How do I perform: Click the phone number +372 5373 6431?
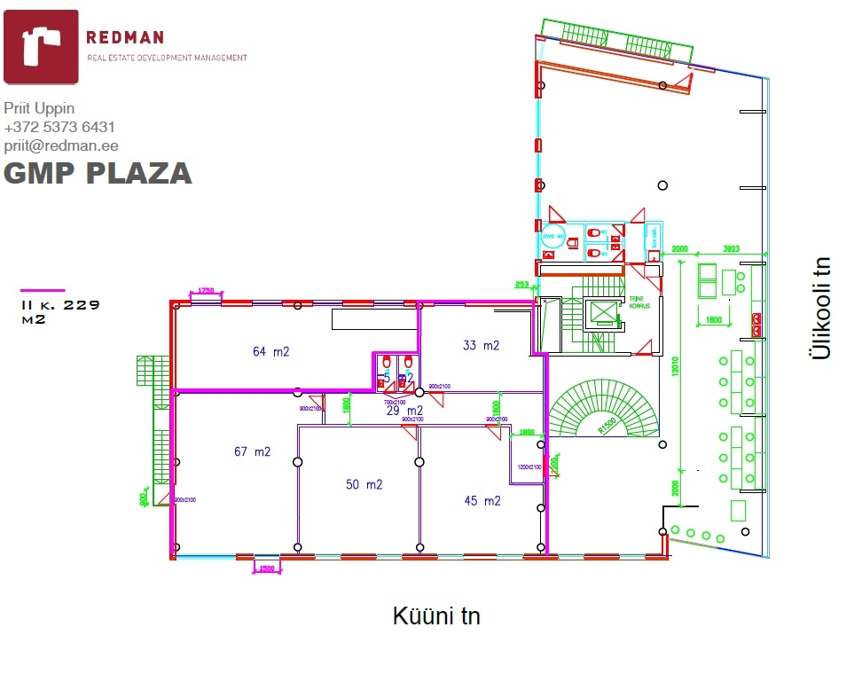pos(59,127)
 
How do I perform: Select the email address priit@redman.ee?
pos(61,145)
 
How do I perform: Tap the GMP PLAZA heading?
pos(98,173)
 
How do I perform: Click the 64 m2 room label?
pos(270,351)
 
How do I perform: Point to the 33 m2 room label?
pos(481,345)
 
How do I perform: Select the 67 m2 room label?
pos(252,451)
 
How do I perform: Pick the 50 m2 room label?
pos(364,484)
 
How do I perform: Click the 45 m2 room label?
pos(482,500)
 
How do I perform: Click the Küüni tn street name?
pos(436,616)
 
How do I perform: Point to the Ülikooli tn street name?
pos(821,308)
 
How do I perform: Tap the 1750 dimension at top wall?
pos(207,290)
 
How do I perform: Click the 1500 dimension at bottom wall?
pos(266,568)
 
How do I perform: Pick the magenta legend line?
pos(43,289)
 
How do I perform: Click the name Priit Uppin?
pos(39,108)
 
